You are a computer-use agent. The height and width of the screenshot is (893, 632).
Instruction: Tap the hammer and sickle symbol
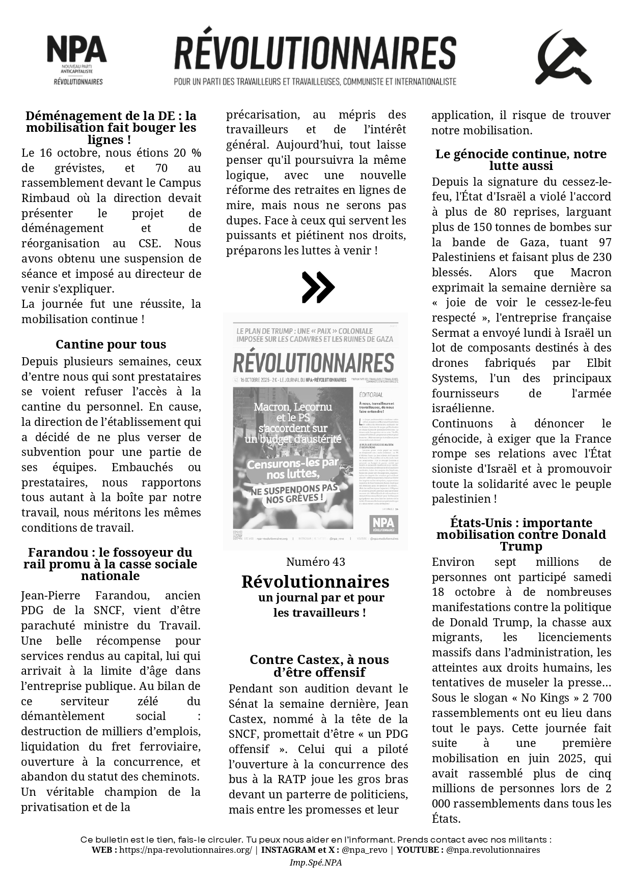pyautogui.click(x=563, y=58)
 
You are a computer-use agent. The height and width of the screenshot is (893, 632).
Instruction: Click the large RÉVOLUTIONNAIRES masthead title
pyautogui.click(x=315, y=53)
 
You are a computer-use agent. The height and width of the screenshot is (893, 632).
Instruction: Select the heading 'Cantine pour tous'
pyautogui.click(x=111, y=344)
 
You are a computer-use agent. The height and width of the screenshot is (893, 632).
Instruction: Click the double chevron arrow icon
pyautogui.click(x=318, y=287)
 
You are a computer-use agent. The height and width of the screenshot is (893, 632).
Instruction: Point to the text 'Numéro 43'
pyautogui.click(x=315, y=562)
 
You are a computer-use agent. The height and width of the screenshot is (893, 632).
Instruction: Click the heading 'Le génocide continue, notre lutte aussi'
pyautogui.click(x=521, y=160)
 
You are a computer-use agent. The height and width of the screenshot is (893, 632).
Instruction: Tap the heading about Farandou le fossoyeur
pyautogui.click(x=110, y=564)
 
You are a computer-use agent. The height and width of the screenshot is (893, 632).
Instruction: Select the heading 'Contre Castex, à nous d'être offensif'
pyautogui.click(x=319, y=666)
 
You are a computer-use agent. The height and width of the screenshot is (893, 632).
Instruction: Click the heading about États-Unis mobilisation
pyautogui.click(x=521, y=534)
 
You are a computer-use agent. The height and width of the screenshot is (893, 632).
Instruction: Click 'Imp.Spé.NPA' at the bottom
pyautogui.click(x=315, y=862)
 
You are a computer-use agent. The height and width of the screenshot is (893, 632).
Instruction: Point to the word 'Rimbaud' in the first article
pyautogui.click(x=40, y=198)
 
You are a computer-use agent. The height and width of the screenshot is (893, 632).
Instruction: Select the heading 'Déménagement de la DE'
pyautogui.click(x=111, y=127)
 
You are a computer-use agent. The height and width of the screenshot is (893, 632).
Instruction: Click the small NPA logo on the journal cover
pyautogui.click(x=383, y=524)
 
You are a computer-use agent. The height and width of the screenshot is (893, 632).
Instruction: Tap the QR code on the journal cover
pyautogui.click(x=237, y=534)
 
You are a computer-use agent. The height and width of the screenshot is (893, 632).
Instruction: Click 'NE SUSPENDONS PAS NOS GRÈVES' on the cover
pyautogui.click(x=295, y=493)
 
